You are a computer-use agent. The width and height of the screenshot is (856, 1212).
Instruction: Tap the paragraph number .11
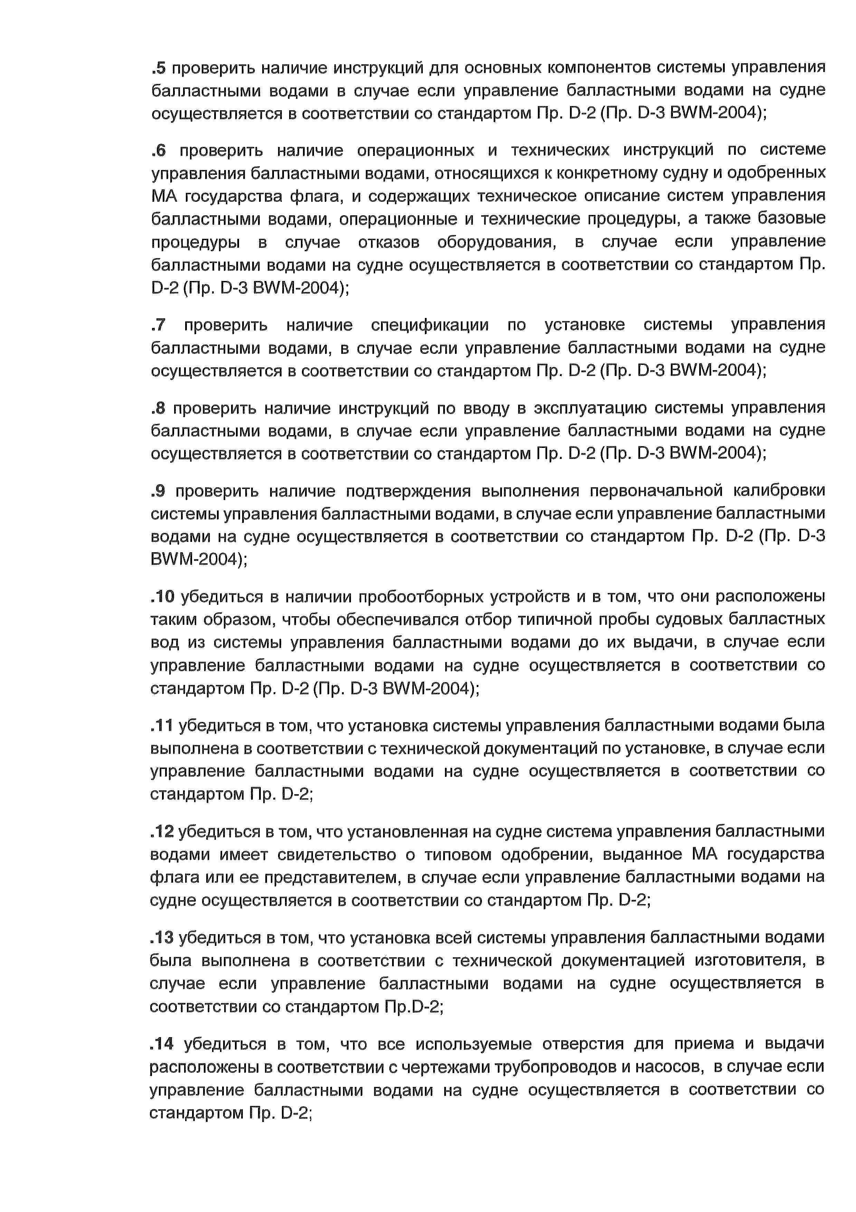161,726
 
